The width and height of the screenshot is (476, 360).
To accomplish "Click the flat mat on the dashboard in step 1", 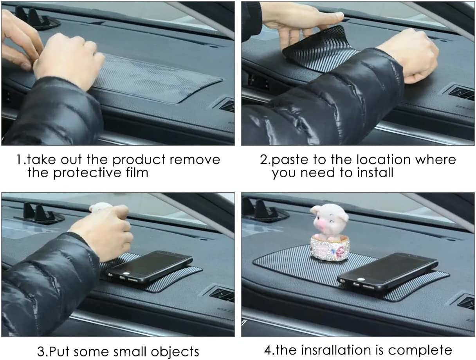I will coord(157,78).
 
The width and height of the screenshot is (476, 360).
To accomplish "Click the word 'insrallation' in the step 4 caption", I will coord(330,349).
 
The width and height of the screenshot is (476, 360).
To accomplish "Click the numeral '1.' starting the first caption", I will coord(20,160).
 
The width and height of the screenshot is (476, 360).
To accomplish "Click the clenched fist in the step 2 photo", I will coord(411,59).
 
